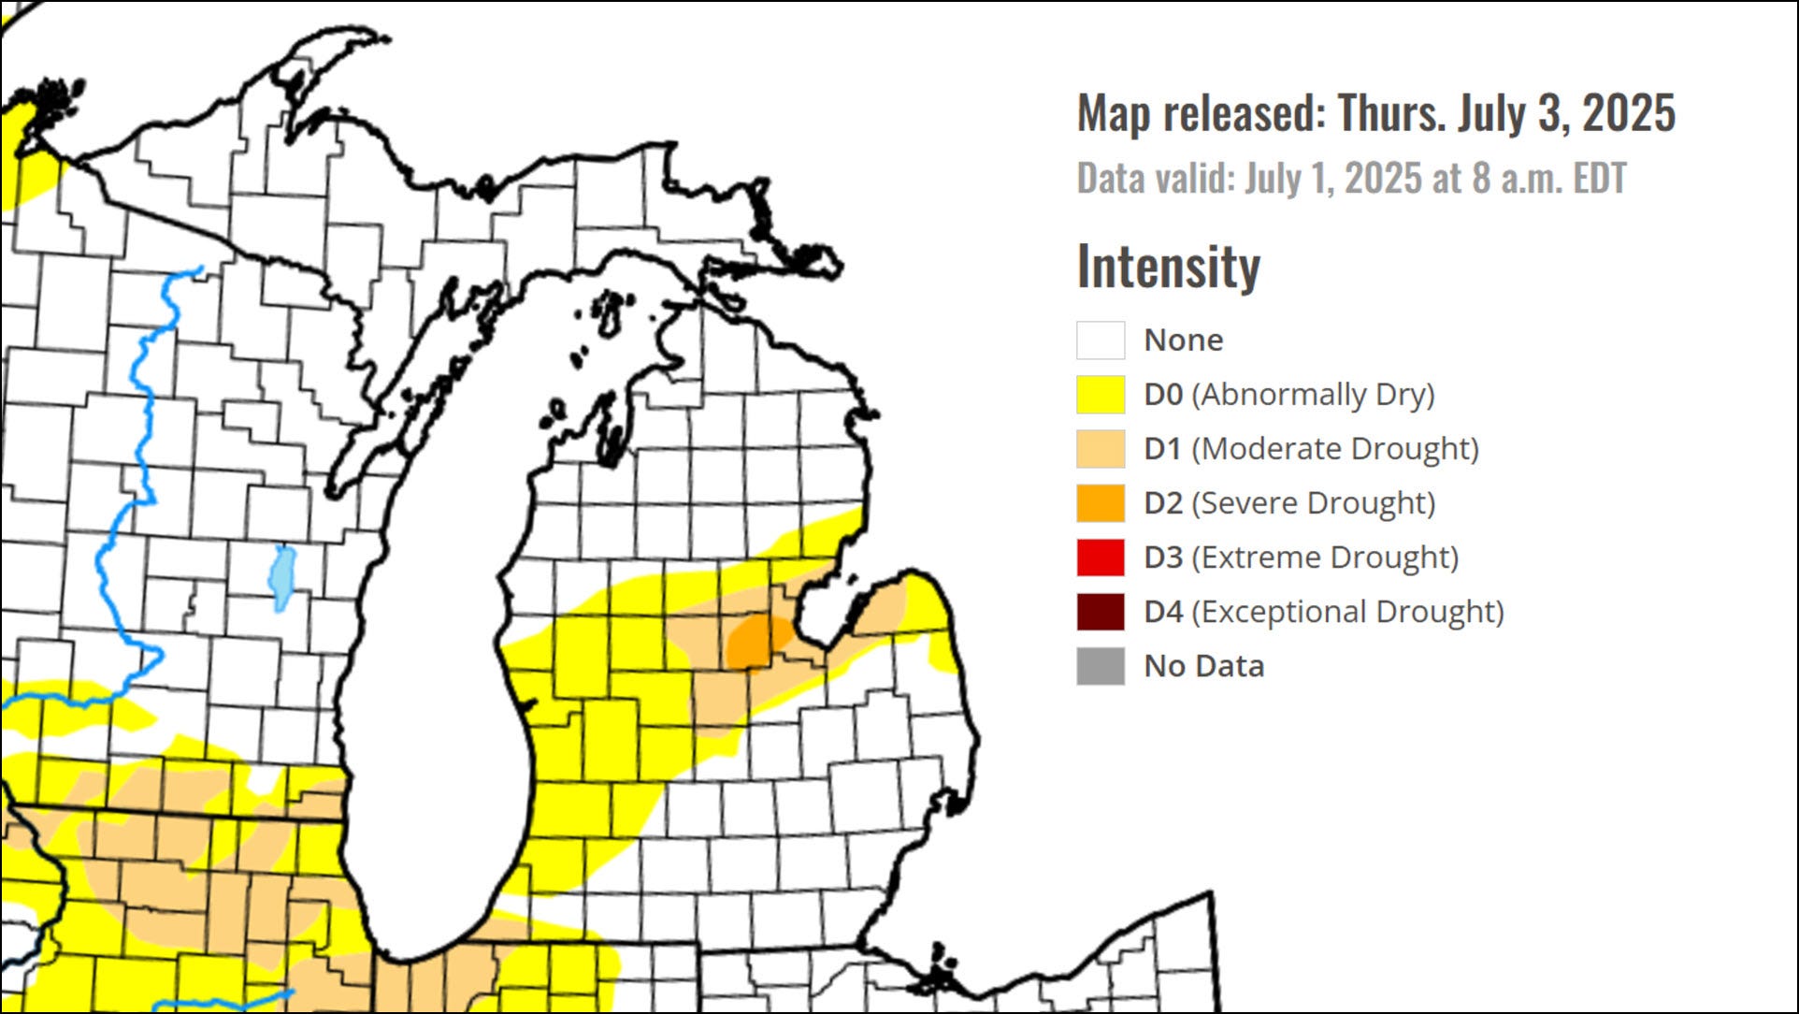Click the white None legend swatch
(1100, 340)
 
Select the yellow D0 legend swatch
(1100, 395)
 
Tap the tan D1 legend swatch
(1100, 449)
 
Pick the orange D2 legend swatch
(1100, 503)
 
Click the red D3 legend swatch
(1100, 558)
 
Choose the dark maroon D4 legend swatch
(1100, 612)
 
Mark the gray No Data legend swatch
(1100, 666)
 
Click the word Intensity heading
(1168, 268)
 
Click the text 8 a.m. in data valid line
(1518, 179)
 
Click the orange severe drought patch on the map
(756, 642)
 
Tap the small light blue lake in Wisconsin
(281, 577)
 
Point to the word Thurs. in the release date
(1389, 113)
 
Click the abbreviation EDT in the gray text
(1599, 179)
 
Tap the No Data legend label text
(1203, 666)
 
